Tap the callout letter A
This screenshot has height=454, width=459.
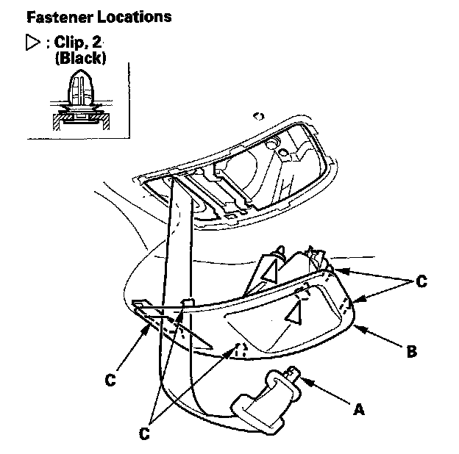click(x=359, y=410)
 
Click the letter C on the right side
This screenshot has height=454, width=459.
click(x=421, y=280)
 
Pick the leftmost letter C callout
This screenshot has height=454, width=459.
click(x=110, y=380)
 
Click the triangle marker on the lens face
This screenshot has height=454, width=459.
click(x=295, y=314)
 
